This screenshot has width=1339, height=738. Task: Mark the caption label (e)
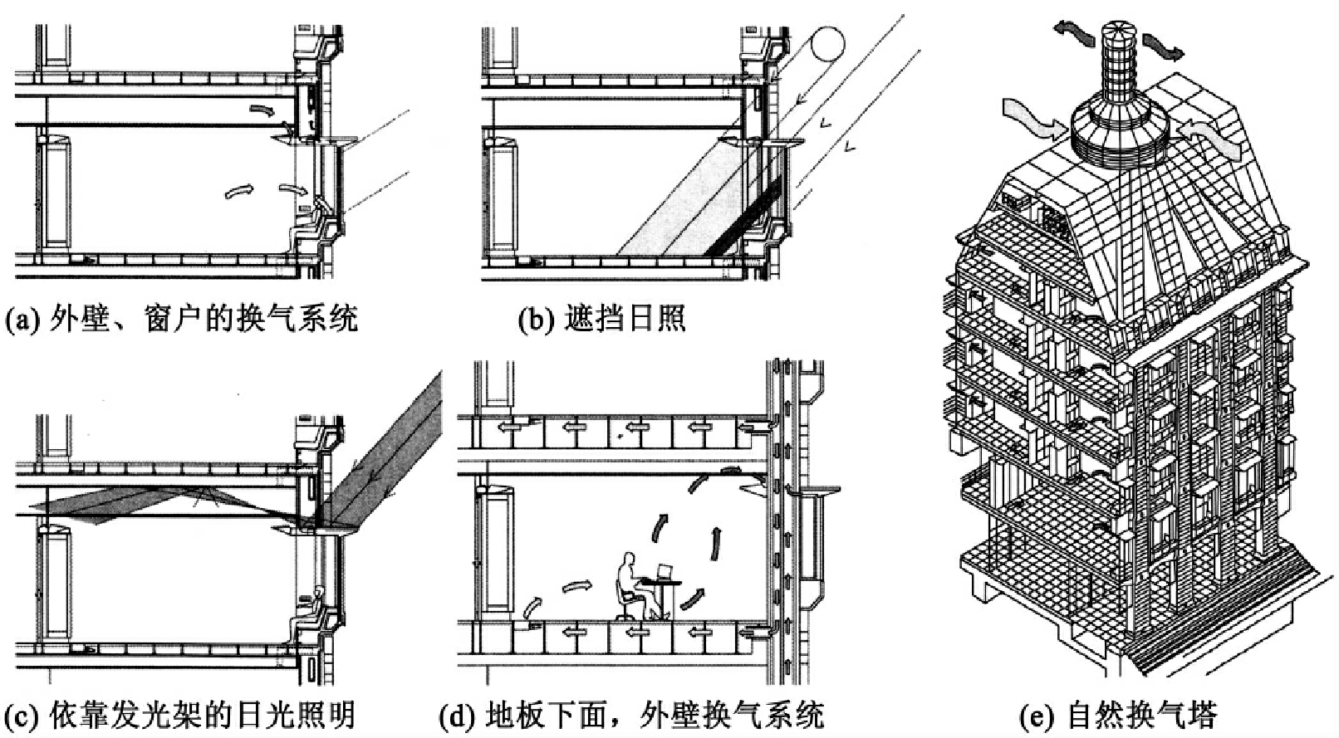tap(1037, 716)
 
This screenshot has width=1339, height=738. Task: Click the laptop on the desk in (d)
tap(665, 571)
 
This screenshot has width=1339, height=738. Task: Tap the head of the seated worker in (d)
tap(628, 560)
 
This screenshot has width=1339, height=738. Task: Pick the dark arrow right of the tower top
tap(1163, 46)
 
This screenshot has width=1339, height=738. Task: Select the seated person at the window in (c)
tap(307, 615)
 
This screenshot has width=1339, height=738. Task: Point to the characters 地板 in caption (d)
tap(515, 715)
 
